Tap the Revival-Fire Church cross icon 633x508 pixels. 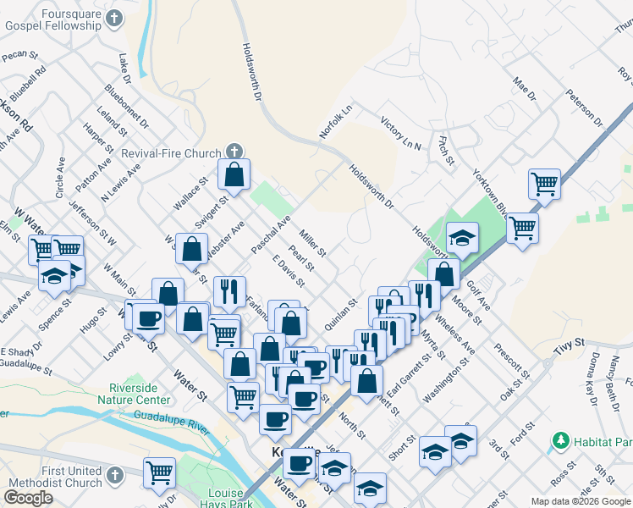coord(234,152)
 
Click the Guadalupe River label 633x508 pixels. coord(168,417)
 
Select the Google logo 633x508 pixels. coord(28,498)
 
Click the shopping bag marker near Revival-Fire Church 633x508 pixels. coord(234,176)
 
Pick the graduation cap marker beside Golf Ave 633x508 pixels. coord(463,238)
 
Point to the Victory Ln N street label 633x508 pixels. coord(400,134)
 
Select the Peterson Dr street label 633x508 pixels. coord(584,108)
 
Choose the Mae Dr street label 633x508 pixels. coord(525,90)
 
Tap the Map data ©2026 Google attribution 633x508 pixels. coord(581,501)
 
